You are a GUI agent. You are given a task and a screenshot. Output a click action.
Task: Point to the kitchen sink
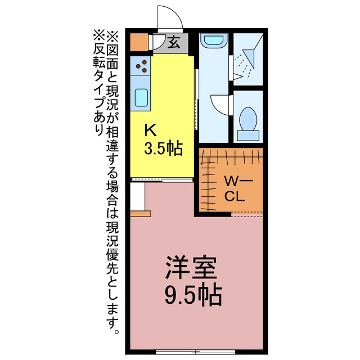pyautogui.click(x=141, y=98)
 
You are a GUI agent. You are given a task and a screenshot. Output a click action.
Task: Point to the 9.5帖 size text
pyautogui.click(x=191, y=293)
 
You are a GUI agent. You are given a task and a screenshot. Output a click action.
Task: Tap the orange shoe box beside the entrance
pyautogui.click(x=138, y=43)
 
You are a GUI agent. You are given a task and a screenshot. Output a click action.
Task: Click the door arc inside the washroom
pyautogui.click(x=221, y=105)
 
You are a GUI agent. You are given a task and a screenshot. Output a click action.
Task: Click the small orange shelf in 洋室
pyautogui.click(x=141, y=214)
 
